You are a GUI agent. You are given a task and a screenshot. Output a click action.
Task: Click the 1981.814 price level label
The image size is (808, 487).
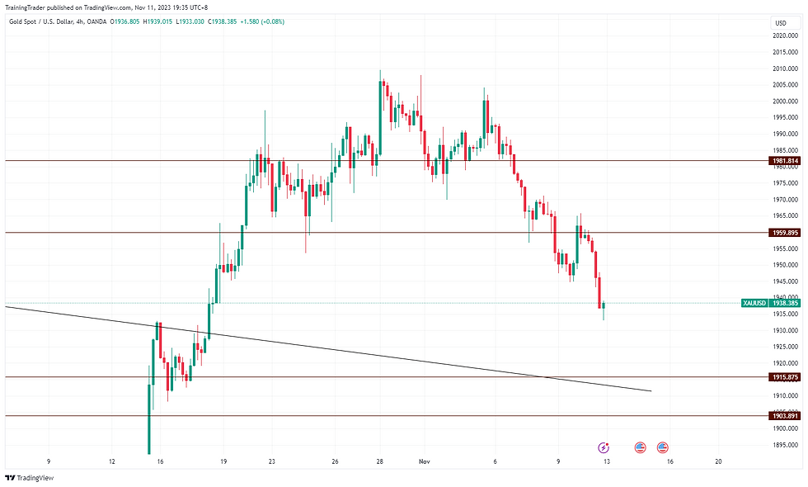pyautogui.click(x=785, y=160)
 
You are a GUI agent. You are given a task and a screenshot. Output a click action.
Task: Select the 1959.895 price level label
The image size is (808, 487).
pyautogui.click(x=785, y=233)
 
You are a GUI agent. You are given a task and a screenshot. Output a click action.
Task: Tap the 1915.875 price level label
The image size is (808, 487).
pyautogui.click(x=785, y=377)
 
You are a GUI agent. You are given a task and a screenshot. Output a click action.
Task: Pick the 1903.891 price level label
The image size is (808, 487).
pyautogui.click(x=785, y=416)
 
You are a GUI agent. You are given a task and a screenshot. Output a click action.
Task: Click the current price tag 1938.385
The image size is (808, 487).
pyautogui.click(x=785, y=303)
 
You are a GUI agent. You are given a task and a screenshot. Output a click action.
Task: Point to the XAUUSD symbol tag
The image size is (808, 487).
pyautogui.click(x=754, y=303)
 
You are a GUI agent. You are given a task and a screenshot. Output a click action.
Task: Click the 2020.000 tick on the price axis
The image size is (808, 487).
pyautogui.click(x=785, y=36)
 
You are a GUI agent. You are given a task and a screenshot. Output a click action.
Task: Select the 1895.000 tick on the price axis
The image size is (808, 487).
pyautogui.click(x=785, y=445)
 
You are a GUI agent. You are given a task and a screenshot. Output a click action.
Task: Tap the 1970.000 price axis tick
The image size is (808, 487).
pyautogui.click(x=785, y=200)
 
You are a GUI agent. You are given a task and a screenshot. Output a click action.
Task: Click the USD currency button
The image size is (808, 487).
pyautogui.click(x=780, y=22)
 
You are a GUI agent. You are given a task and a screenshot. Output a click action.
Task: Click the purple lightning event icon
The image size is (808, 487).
pyautogui.click(x=604, y=447)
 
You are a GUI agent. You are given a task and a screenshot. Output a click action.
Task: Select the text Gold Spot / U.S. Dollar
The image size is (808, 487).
pyautogui.click(x=41, y=21)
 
